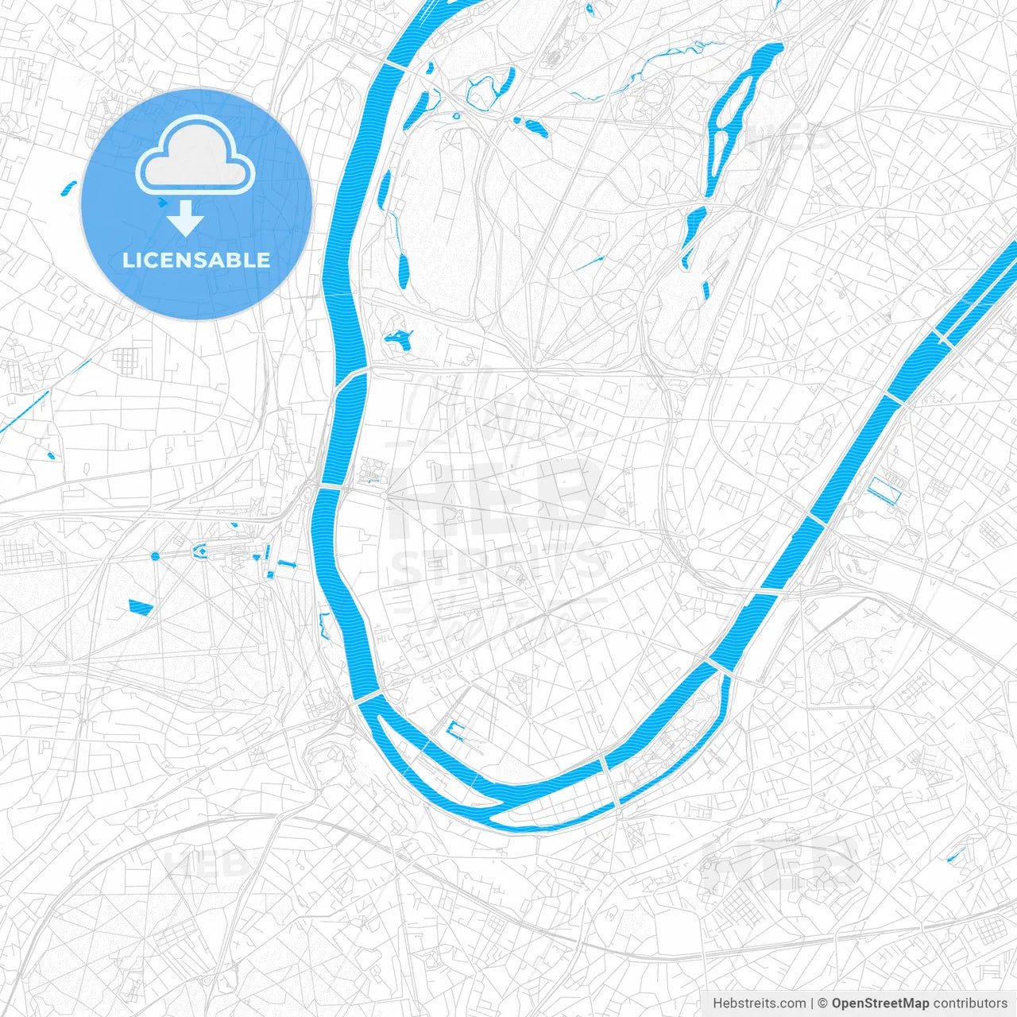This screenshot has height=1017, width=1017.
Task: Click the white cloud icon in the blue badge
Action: point(195,157)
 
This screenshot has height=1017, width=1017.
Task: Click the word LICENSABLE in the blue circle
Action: point(196,260)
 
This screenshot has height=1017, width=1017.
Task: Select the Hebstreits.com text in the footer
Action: point(759,1003)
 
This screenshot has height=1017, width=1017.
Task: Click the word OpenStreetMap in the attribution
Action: point(880,1003)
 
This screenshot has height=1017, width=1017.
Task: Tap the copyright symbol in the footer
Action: point(823,1003)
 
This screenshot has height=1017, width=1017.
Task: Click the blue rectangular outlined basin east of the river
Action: point(884,490)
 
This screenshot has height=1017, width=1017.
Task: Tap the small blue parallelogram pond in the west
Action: point(141,608)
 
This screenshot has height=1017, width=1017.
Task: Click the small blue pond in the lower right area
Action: point(956,855)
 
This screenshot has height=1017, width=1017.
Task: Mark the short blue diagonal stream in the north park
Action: point(590,262)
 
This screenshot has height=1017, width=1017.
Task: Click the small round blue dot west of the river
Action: point(155,556)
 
